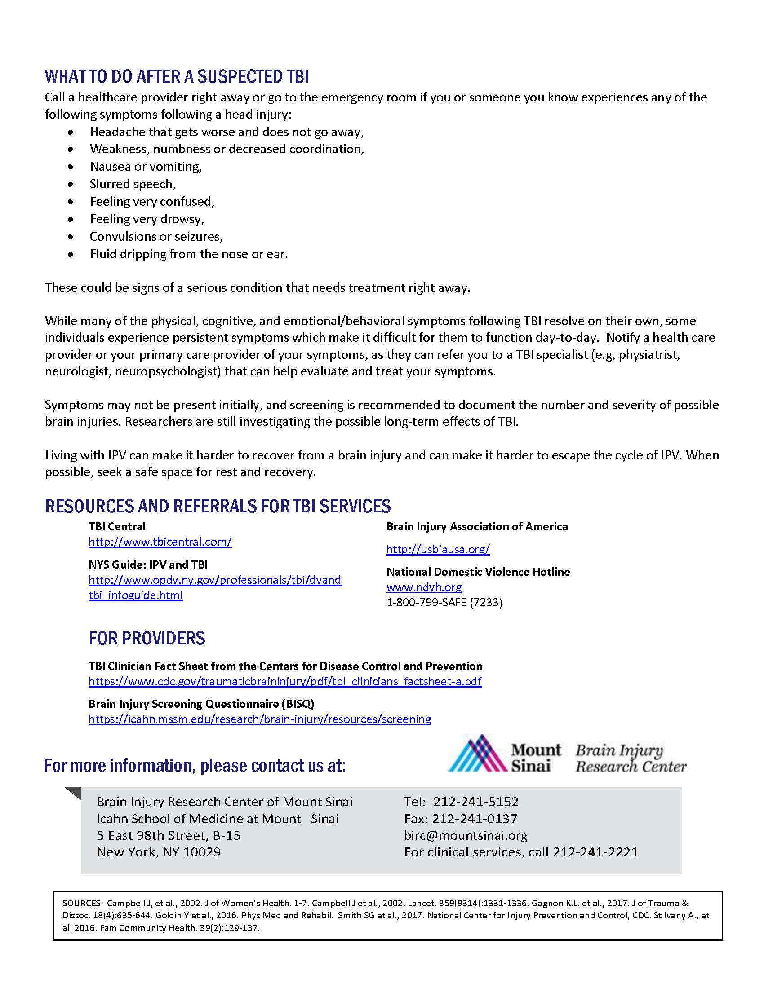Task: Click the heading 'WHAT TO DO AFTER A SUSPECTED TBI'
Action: [177, 77]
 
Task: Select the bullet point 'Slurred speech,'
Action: [132, 184]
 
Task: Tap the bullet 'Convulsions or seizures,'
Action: [156, 237]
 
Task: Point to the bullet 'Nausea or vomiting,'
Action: [146, 167]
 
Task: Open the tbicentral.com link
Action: [160, 542]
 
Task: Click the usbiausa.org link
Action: [438, 549]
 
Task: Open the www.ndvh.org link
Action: [424, 587]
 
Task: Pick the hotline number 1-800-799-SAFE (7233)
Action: [444, 603]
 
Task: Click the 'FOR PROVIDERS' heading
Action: [147, 638]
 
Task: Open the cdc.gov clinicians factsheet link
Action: [284, 681]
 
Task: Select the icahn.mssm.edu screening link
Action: [259, 719]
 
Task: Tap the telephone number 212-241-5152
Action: [475, 802]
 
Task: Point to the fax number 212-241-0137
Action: [474, 819]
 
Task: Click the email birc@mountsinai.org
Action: [466, 836]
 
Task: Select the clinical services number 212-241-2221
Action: [595, 852]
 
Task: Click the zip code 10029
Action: [202, 852]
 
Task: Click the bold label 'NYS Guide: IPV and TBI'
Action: [148, 565]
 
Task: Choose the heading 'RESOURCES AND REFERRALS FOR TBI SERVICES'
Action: [218, 506]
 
